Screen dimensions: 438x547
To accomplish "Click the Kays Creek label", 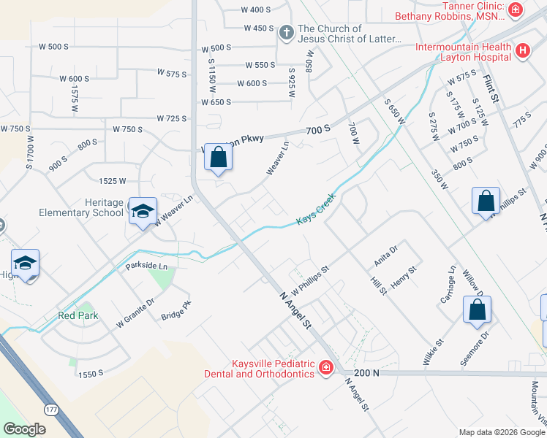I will (315, 210).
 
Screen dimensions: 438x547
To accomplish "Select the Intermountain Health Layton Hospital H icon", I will (522, 51).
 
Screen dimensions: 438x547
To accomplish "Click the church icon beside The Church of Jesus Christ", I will (286, 33).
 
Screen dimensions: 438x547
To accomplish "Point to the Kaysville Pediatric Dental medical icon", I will (325, 368).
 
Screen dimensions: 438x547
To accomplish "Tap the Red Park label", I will (77, 316).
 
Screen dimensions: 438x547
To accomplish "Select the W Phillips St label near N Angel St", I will (312, 277).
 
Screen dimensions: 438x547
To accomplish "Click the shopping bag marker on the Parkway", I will (218, 157).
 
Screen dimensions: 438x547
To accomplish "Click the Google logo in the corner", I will (24, 430).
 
